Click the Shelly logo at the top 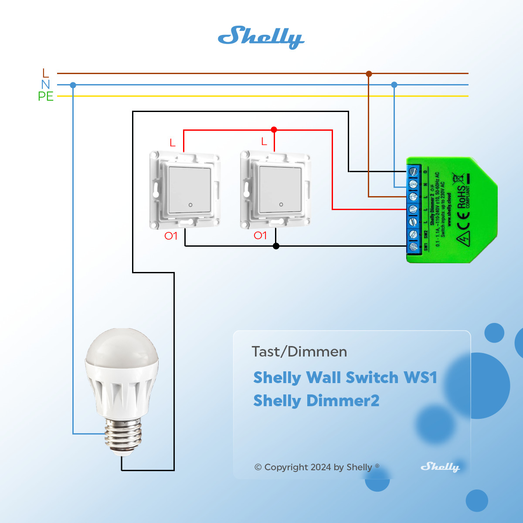(x=261, y=37)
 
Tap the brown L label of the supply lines (x=46, y=73)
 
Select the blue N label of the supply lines (x=46, y=85)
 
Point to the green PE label (x=46, y=96)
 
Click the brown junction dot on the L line (x=369, y=74)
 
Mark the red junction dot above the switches (x=274, y=129)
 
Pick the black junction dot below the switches (x=276, y=246)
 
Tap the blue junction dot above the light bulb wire (x=73, y=85)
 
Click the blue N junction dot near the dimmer (x=394, y=85)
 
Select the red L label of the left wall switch (x=173, y=143)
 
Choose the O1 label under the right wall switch (x=260, y=236)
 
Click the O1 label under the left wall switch (x=171, y=236)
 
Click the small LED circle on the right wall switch (x=281, y=204)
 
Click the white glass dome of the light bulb (x=121, y=349)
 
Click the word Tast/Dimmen (x=299, y=352)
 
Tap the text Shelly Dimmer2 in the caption (x=316, y=401)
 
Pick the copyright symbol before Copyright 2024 (x=258, y=467)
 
